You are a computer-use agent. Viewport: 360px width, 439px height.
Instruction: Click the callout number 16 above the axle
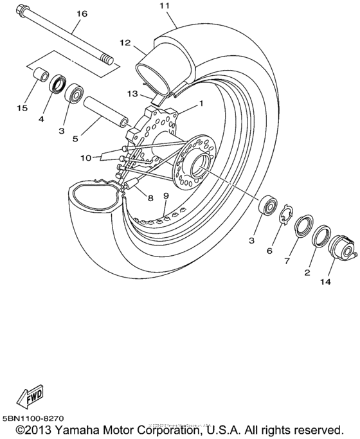tap(81, 13)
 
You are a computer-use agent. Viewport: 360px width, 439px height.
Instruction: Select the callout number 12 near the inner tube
tap(125, 43)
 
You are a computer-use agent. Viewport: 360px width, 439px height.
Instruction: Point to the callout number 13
tap(132, 94)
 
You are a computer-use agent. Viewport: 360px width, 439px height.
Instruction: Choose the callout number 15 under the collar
tap(22, 109)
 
